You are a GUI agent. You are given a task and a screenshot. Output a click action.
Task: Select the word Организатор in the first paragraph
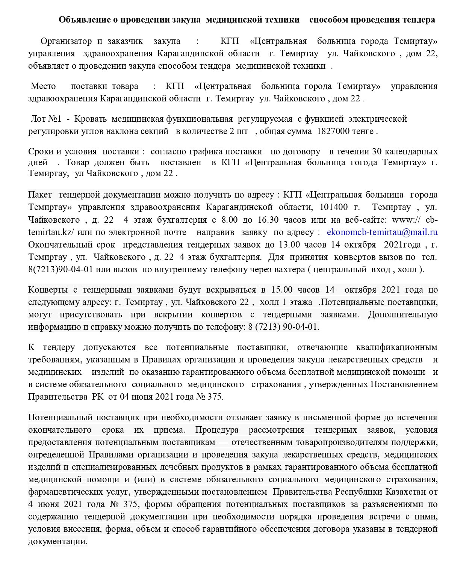(x=66, y=41)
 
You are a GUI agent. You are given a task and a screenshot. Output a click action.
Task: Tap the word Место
(x=43, y=86)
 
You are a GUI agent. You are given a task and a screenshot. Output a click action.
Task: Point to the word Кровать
(x=91, y=119)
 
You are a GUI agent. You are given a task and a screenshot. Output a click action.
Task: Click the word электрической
(x=378, y=119)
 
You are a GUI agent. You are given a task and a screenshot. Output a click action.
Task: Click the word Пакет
(x=40, y=195)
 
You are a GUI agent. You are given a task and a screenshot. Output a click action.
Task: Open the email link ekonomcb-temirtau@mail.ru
(x=382, y=232)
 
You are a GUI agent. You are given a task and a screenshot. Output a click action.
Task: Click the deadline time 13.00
(x=289, y=245)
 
